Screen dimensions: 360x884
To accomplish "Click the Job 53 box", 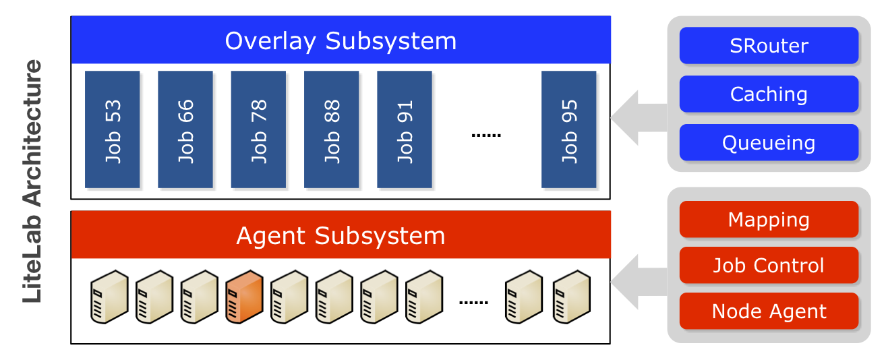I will pos(112,129).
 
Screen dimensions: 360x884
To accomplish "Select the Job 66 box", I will pos(185,129).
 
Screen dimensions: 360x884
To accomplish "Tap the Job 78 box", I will pos(258,129).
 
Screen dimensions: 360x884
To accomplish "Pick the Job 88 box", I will pos(331,129).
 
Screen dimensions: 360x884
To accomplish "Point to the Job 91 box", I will pos(404,129).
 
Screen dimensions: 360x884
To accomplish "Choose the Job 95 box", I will pos(568,129).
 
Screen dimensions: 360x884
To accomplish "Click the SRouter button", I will pos(769,46).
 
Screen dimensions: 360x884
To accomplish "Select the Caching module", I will pos(769,94).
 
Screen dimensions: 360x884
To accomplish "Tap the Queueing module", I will pos(769,143).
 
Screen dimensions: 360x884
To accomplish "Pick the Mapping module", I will pos(769,220).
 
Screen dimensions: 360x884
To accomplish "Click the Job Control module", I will pos(769,266).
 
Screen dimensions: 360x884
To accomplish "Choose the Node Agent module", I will pos(769,311).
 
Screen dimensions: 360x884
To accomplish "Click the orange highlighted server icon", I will pos(243,297).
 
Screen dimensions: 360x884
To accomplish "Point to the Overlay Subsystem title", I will pos(341,40).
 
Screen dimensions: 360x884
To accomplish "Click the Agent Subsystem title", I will pos(341,235).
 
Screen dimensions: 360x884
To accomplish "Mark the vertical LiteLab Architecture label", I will pos(32,181).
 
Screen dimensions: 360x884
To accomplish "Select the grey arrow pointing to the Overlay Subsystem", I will pos(637,117).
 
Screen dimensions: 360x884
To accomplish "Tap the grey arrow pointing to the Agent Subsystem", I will pos(637,282).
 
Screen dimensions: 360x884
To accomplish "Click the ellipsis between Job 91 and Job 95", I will pos(485,136).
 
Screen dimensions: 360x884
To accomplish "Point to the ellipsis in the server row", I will pos(473,302).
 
